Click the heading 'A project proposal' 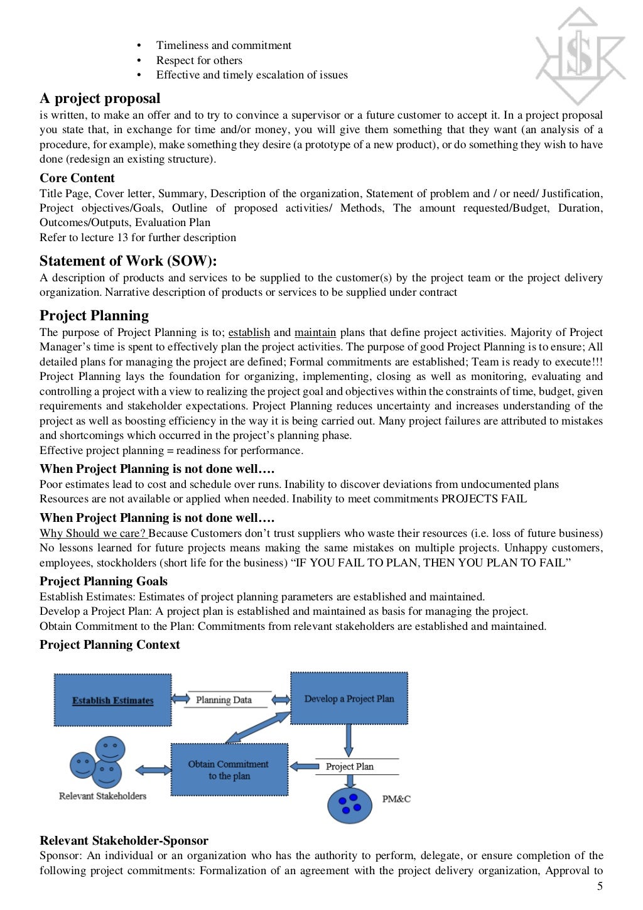point(100,99)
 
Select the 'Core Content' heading point(77,178)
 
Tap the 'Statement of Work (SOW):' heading point(128,261)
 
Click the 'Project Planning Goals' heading point(104,582)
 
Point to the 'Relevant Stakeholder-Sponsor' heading point(124,841)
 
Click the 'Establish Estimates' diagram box point(113,700)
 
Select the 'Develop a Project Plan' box point(349,698)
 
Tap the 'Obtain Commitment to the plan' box point(229,770)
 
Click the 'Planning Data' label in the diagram point(224,700)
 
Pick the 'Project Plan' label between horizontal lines point(350,767)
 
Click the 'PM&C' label point(396,799)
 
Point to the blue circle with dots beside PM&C point(350,804)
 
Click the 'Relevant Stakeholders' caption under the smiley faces point(102,796)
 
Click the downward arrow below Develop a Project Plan point(349,741)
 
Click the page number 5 point(600,886)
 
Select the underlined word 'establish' point(249,333)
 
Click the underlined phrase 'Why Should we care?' point(93,534)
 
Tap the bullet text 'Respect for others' point(199,61)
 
